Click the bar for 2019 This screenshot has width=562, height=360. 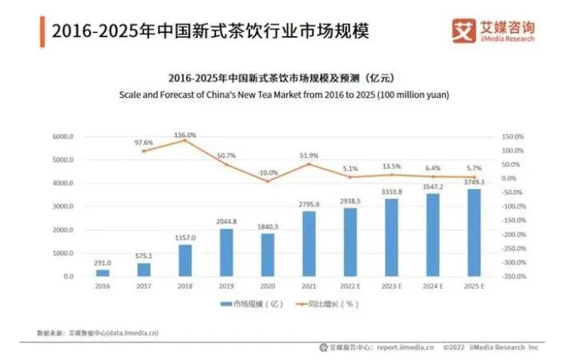227,253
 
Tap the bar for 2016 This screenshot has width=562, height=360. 103,273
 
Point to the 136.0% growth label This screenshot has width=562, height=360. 185,135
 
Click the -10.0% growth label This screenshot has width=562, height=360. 268,172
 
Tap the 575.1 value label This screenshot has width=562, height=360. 144,256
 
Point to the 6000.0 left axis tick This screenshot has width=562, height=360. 63,137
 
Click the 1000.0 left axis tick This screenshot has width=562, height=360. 63,253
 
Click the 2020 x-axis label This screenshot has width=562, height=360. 269,285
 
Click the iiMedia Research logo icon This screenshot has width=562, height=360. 464,31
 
